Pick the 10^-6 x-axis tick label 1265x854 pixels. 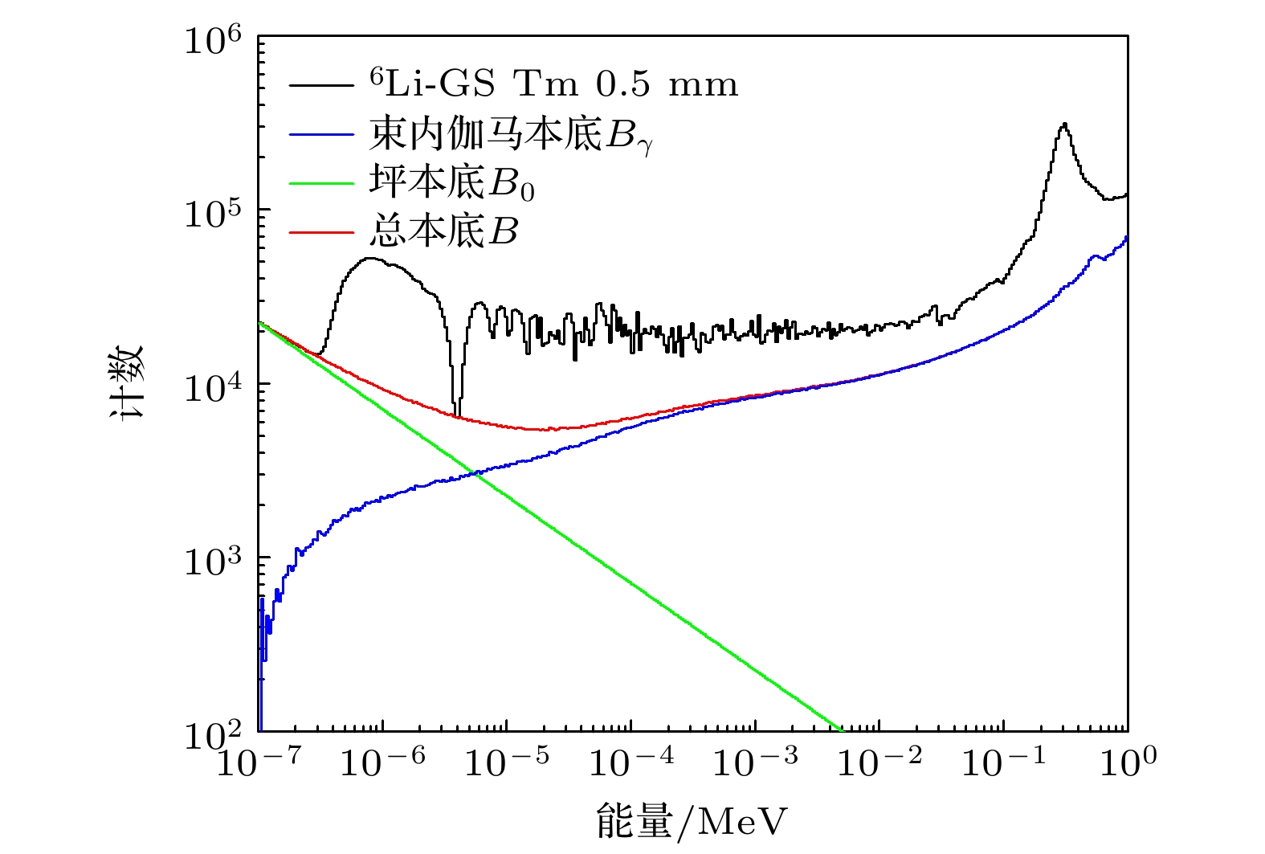pyautogui.click(x=382, y=761)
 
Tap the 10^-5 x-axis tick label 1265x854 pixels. pyautogui.click(x=507, y=761)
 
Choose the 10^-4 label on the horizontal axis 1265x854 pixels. pyautogui.click(x=631, y=761)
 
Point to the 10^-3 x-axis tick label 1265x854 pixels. pyautogui.click(x=756, y=761)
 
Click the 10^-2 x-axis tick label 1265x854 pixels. pyautogui.click(x=879, y=761)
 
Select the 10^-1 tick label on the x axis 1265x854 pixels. pyautogui.click(x=1004, y=761)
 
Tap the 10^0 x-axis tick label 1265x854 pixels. pyautogui.click(x=1128, y=761)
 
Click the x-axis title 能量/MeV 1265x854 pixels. pyautogui.click(x=692, y=820)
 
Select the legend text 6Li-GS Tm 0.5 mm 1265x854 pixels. pyautogui.click(x=553, y=84)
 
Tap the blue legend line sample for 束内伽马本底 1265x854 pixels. pyautogui.click(x=321, y=134)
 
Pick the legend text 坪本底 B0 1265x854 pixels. pyautogui.click(x=451, y=183)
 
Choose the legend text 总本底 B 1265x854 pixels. pyautogui.click(x=443, y=232)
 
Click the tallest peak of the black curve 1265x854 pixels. pyautogui.click(x=1064, y=125)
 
